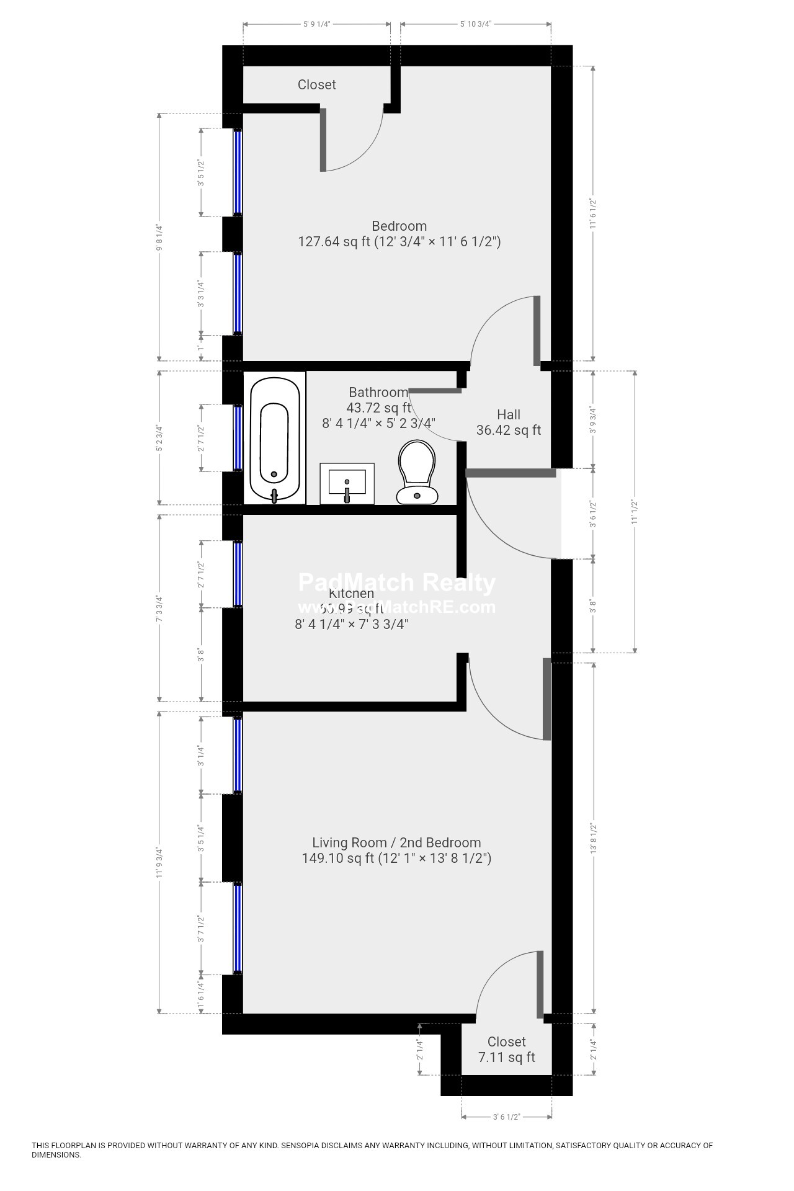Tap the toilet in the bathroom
coord(416,471)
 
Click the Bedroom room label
coord(399,226)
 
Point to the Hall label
coord(509,414)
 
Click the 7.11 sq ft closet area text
coord(507,1057)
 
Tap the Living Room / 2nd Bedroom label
coord(396,842)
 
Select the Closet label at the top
coord(316,85)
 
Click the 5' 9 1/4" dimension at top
coord(316,24)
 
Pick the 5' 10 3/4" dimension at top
coord(476,24)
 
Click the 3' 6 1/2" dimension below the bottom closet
coord(506,1117)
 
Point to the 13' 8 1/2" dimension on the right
coord(593,839)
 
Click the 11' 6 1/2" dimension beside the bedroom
coord(593,213)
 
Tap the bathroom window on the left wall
coord(237,438)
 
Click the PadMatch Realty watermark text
coord(397,583)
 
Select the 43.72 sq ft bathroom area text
coord(378,408)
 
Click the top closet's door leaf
coord(323,140)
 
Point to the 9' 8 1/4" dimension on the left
coord(159,237)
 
